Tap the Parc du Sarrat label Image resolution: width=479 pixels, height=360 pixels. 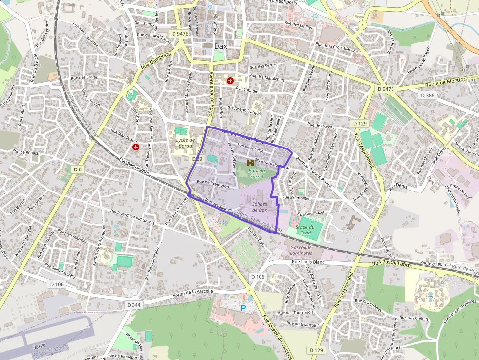point(257,173)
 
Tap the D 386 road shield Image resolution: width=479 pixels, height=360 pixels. point(428,95)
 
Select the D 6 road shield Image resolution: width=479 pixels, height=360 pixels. point(77,169)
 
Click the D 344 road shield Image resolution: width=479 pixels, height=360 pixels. point(133,305)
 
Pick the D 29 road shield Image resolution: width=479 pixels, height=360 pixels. point(197,159)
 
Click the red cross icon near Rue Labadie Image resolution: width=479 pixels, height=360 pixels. point(230,80)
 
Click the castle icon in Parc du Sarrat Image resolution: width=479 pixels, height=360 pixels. point(250,162)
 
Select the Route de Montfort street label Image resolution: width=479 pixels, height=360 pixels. point(445,82)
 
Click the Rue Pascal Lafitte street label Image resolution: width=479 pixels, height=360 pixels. point(392,264)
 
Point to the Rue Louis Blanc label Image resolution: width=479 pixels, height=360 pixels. point(308,262)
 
